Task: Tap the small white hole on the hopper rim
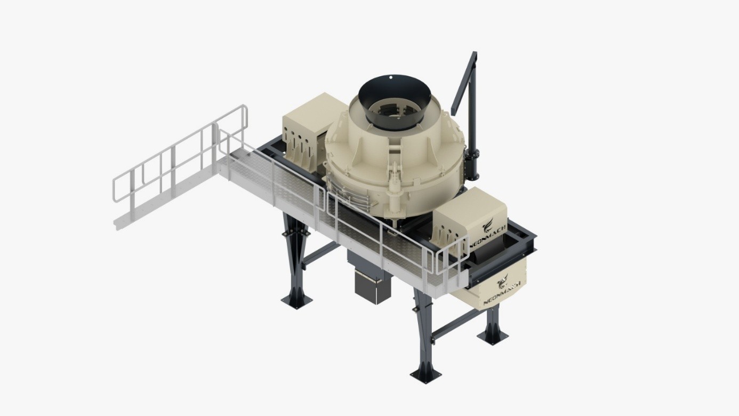[x=391, y=78]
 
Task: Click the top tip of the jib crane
[x=475, y=52]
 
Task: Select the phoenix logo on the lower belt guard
[x=503, y=281]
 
